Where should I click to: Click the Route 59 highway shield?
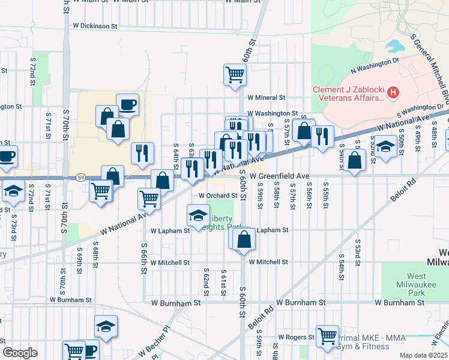point(80,178)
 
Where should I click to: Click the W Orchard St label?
point(218,196)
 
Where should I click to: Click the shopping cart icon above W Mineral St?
point(235,74)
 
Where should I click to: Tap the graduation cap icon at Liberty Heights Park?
point(198,214)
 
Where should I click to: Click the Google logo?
point(20,353)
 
